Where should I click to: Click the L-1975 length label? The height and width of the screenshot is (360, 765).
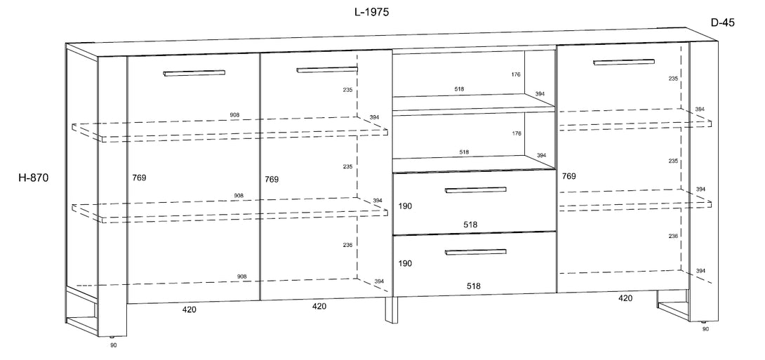(x=371, y=13)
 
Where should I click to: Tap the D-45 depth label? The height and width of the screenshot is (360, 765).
(x=723, y=22)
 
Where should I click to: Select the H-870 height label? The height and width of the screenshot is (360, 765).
(x=33, y=178)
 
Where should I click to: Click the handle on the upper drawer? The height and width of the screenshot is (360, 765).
(x=475, y=189)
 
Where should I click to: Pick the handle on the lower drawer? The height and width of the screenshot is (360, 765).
(x=475, y=252)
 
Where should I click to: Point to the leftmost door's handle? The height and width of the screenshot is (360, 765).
(x=194, y=73)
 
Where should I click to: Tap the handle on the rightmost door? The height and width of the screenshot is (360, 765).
(x=624, y=62)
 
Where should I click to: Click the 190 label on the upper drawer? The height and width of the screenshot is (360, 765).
(x=405, y=206)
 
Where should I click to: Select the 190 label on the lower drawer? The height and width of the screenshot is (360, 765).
(x=405, y=263)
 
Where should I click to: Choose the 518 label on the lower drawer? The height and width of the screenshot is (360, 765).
(x=473, y=286)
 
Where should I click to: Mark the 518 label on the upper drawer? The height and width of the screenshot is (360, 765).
(x=470, y=225)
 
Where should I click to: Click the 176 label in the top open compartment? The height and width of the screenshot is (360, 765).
(x=516, y=74)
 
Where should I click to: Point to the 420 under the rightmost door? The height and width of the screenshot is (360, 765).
(x=625, y=298)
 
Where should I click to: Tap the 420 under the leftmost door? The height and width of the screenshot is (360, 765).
(x=189, y=309)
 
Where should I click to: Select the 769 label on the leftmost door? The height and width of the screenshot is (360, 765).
(x=139, y=178)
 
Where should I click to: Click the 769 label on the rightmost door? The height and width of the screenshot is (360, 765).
(x=569, y=176)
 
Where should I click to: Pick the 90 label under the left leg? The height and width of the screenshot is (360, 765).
(x=114, y=345)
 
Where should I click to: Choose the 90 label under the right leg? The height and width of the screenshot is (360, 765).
(x=705, y=329)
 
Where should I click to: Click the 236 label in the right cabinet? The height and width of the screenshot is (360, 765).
(x=673, y=236)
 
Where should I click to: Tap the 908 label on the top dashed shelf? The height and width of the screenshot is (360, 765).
(x=235, y=115)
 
